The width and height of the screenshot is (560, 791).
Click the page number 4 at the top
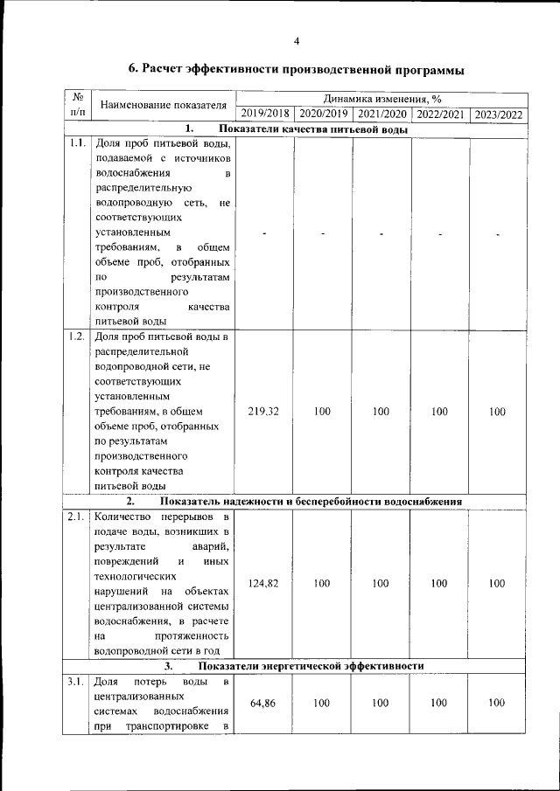click(x=297, y=41)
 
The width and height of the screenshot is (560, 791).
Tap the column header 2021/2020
click(x=381, y=114)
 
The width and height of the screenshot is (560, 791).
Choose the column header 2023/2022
click(x=498, y=114)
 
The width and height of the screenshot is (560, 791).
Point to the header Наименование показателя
click(x=163, y=106)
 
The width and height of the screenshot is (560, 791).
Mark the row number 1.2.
click(x=77, y=336)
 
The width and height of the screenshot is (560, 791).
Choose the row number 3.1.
click(x=77, y=681)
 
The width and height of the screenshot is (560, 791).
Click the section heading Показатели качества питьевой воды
click(x=312, y=129)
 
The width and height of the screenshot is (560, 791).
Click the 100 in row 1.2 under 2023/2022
click(x=498, y=411)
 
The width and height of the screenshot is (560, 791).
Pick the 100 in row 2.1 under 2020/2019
click(x=322, y=583)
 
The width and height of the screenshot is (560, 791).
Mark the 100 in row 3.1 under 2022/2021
click(x=440, y=703)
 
